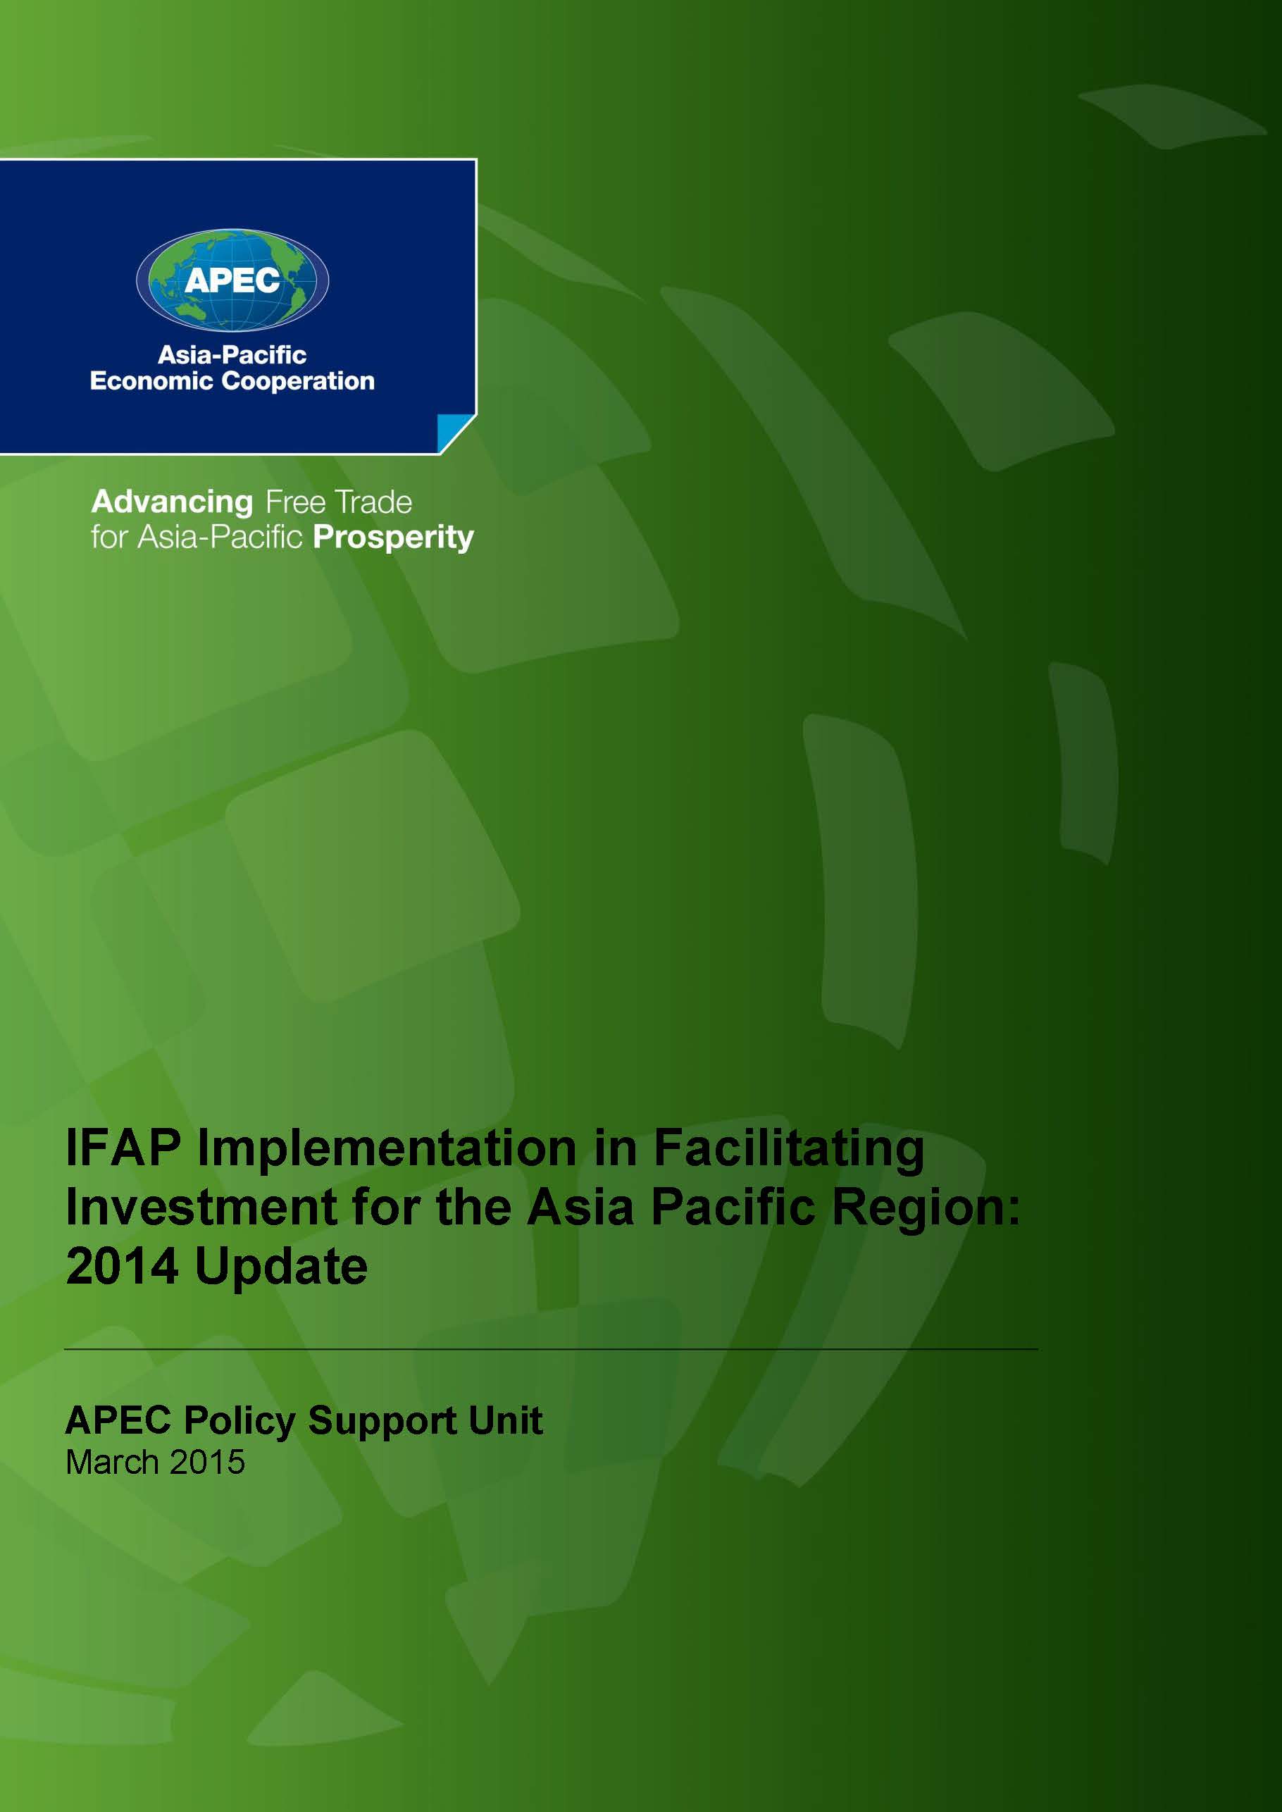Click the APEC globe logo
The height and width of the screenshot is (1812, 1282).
232,280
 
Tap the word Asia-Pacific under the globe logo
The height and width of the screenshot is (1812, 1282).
232,354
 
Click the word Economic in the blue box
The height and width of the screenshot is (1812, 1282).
151,380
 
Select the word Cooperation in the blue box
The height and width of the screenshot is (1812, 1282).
299,380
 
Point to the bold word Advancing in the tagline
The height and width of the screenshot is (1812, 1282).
172,502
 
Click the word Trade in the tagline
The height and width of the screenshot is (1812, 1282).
373,502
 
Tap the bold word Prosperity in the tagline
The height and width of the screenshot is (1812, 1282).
393,538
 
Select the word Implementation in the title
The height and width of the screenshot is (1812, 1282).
387,1150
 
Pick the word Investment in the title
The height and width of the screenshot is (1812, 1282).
201,1208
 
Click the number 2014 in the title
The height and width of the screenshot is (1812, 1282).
122,1267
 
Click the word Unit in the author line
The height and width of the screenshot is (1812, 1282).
505,1420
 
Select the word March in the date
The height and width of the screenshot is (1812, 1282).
113,1463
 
